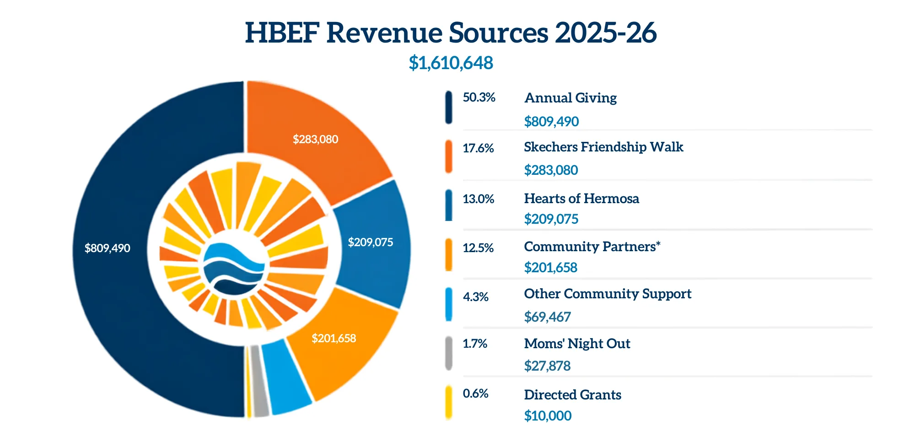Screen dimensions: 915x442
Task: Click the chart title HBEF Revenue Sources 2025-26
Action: point(451,32)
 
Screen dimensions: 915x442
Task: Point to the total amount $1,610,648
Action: point(451,63)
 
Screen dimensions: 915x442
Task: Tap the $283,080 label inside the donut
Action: point(315,139)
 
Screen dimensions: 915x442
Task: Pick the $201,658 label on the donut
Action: point(334,338)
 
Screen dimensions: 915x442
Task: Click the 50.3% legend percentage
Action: point(479,97)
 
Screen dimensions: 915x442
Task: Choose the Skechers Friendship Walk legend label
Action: point(603,147)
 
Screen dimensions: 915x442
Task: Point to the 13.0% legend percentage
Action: point(479,199)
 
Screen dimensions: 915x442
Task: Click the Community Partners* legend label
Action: point(592,247)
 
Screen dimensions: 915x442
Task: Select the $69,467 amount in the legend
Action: point(547,317)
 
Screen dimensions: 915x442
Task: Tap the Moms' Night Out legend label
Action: point(577,344)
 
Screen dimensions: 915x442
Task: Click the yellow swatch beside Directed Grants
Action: point(449,403)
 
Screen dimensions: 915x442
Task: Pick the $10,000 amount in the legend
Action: point(548,415)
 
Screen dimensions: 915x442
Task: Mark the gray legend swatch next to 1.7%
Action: point(449,353)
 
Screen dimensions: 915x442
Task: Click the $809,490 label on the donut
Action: point(108,248)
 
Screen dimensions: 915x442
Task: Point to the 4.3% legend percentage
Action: point(476,297)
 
